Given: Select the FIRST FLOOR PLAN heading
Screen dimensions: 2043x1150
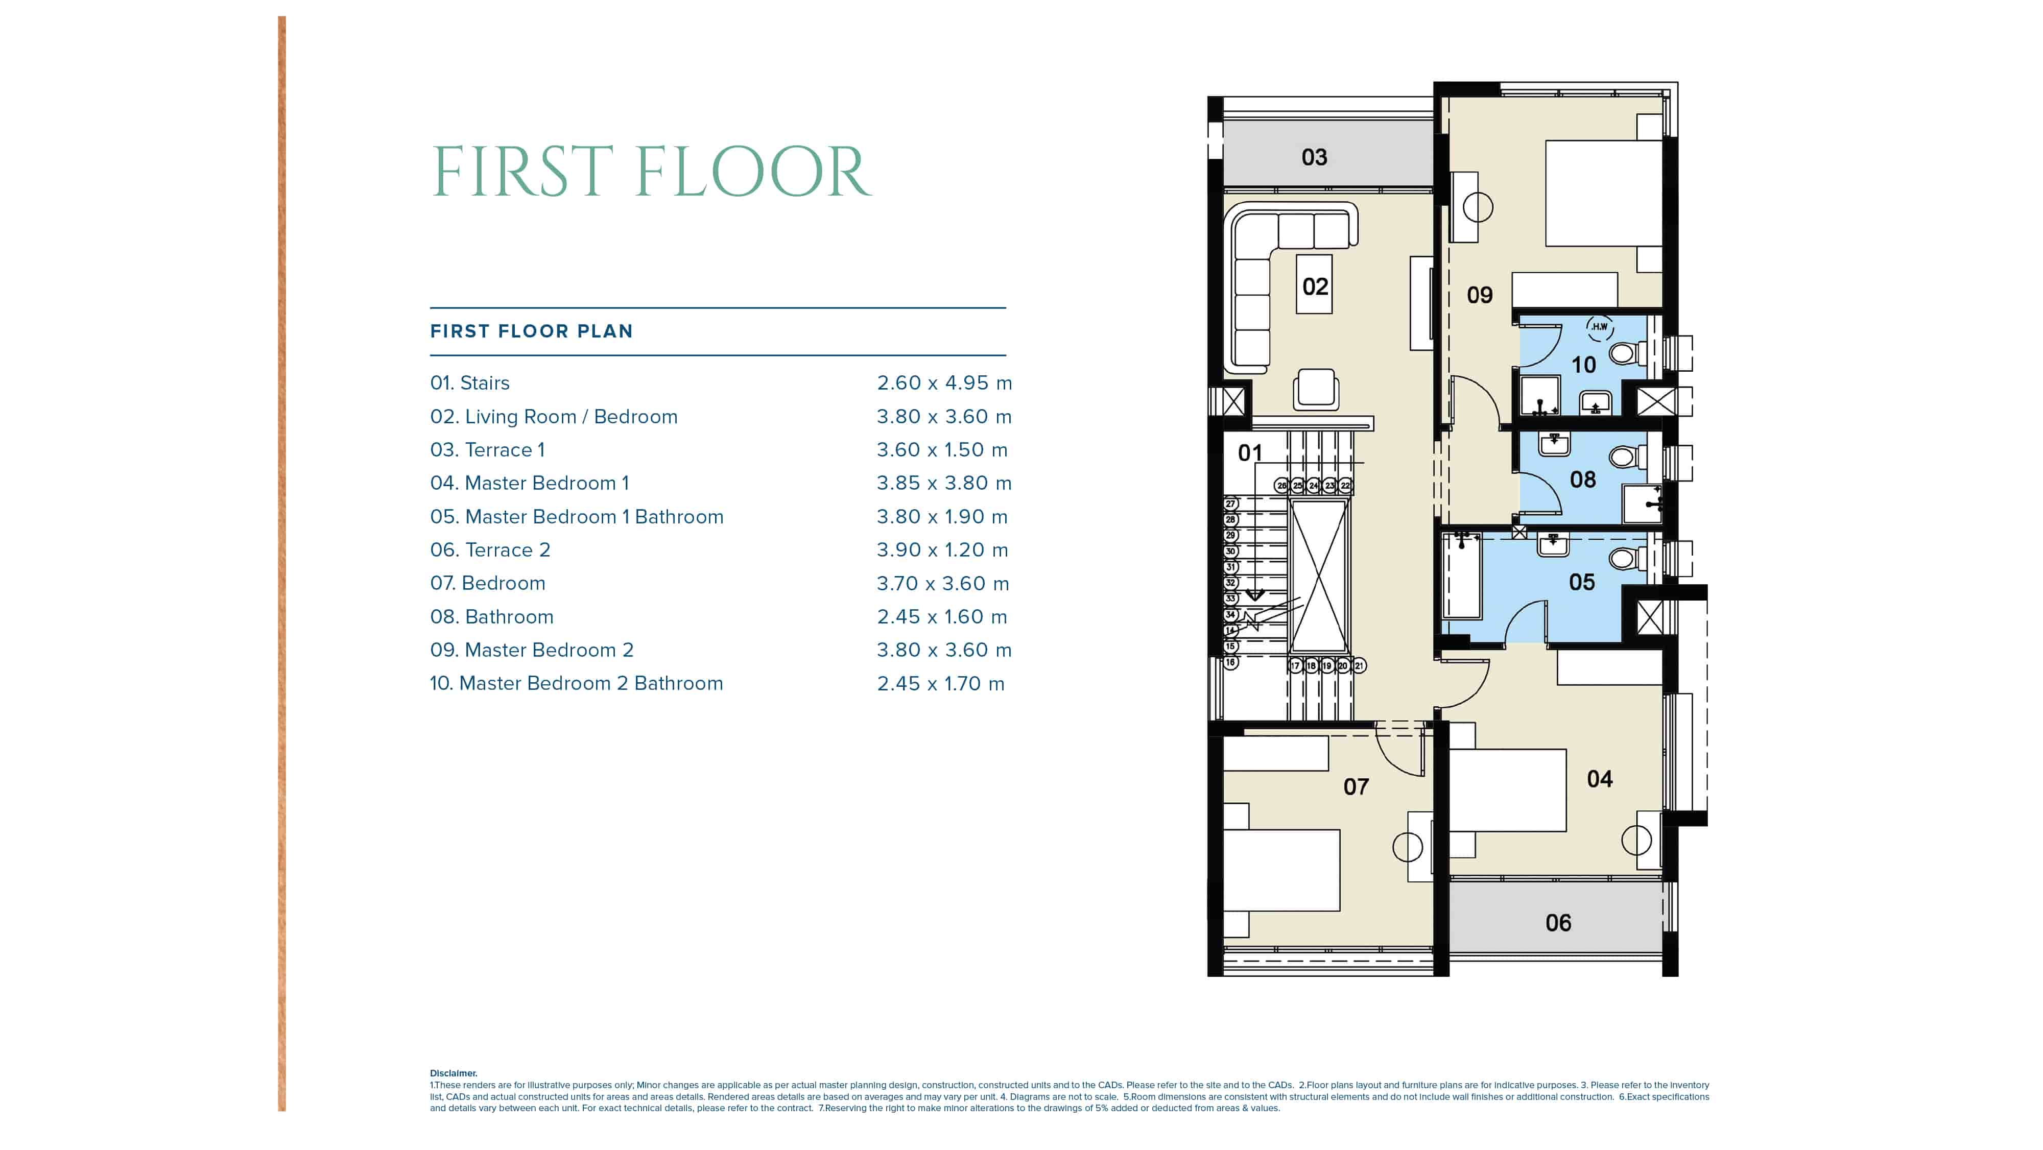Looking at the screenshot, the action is [531, 331].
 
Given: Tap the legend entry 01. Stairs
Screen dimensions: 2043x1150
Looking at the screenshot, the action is [469, 382].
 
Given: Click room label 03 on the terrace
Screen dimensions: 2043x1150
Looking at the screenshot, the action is [1314, 157].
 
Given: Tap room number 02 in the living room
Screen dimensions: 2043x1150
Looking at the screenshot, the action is [1315, 286].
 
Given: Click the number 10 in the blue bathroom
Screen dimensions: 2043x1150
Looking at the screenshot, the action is [1584, 365].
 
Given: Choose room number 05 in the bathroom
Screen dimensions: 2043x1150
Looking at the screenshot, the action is [1582, 582].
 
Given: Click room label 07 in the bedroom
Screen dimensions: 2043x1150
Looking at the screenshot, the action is [1356, 787].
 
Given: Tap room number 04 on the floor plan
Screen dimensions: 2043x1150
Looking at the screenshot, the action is [1600, 779].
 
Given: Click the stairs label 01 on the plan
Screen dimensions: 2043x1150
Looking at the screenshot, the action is [1251, 453].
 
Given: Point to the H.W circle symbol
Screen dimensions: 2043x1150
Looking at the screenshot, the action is [1600, 327].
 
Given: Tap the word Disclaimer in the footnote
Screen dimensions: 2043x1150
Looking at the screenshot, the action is [454, 1073].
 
